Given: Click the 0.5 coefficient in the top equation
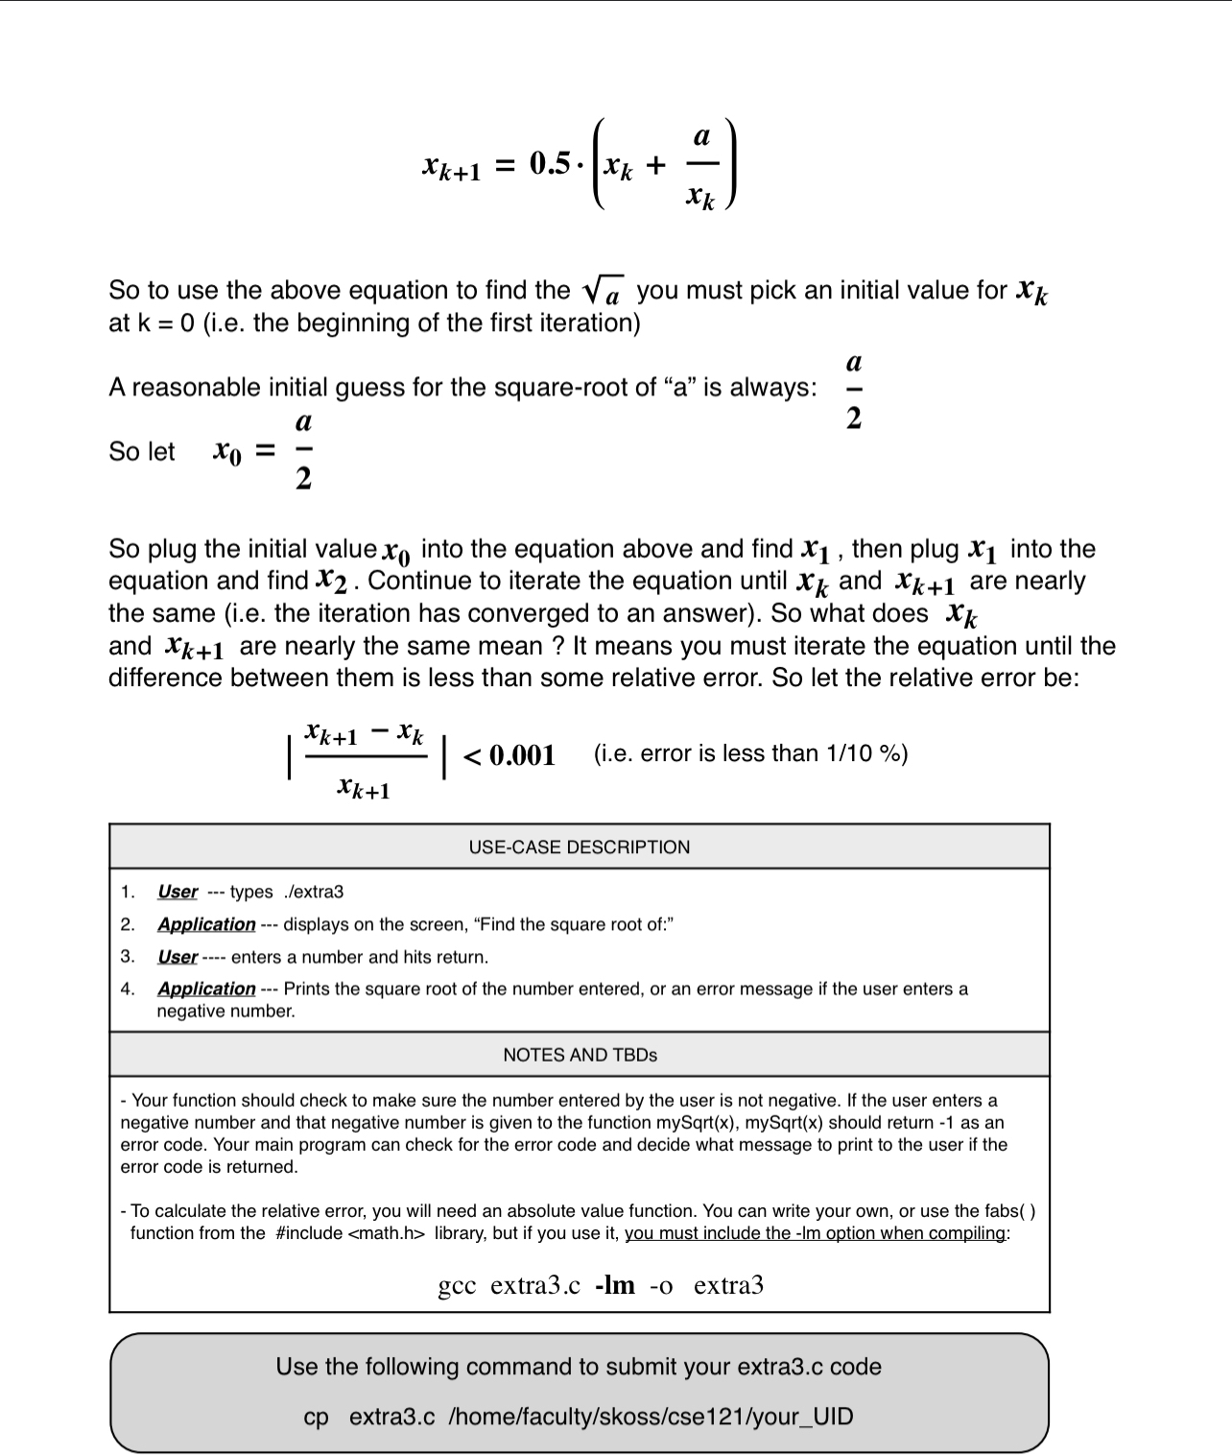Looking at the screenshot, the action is point(551,164).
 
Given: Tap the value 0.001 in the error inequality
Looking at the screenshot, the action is point(522,755).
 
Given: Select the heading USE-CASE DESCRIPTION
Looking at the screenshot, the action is point(579,847).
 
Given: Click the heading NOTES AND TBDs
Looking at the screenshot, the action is point(580,1055).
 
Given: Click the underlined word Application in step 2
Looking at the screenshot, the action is point(206,924).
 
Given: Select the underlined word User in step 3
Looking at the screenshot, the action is point(178,957).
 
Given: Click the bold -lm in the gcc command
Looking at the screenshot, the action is point(615,1285).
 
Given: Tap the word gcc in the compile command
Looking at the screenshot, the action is point(458,1286).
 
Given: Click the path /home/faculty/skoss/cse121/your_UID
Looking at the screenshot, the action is point(651,1417).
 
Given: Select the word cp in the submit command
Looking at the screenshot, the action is point(316,1418).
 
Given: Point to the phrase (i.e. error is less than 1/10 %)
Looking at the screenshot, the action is point(750,753).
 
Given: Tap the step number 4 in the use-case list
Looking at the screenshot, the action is point(127,989).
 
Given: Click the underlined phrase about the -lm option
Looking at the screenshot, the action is point(815,1233).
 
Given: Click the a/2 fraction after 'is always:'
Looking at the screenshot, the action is point(854,390).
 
